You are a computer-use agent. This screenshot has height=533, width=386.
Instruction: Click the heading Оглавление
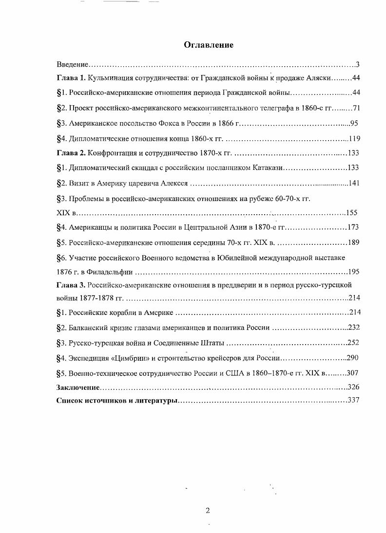point(209,45)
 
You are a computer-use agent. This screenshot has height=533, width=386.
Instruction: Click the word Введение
point(72,64)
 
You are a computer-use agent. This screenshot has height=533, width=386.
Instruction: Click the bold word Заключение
point(78,387)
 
